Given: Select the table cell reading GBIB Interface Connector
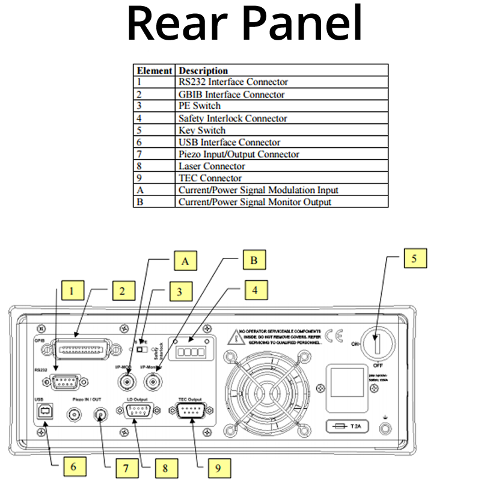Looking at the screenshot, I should point(231,94).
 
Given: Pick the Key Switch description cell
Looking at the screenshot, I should point(202,130).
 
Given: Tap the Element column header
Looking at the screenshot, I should point(155,70).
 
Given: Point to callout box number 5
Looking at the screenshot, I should point(414,257).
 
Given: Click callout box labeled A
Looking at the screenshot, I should point(186,261).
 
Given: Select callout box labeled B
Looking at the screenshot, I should point(254,261).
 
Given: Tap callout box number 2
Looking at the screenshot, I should point(122,292).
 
